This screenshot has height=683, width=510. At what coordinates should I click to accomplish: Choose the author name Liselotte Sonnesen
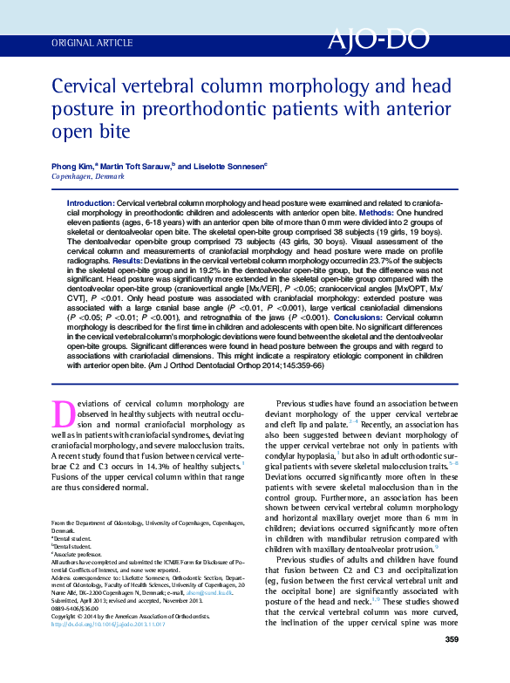(x=228, y=166)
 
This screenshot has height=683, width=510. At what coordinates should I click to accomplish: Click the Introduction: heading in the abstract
(x=91, y=202)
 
